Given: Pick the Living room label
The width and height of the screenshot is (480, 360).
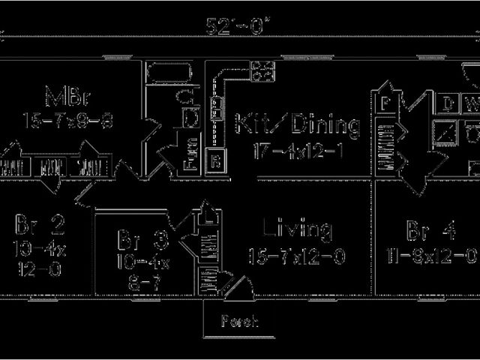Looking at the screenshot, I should click(298, 229).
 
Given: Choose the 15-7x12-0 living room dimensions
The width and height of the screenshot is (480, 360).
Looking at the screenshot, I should click(296, 257).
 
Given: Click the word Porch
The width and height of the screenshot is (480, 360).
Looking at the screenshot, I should click(239, 322).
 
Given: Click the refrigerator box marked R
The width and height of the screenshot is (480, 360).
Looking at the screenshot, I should click(215, 160).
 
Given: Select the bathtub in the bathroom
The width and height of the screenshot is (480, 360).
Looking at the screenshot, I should click(171, 73).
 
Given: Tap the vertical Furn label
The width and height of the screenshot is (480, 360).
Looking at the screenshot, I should click(190, 154).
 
